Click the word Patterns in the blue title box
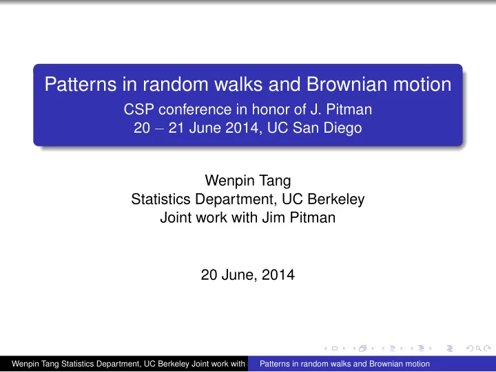tap(81, 85)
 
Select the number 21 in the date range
tap(176, 128)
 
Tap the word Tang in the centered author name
tap(275, 181)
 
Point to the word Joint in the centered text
tap(176, 217)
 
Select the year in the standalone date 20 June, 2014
tap(278, 275)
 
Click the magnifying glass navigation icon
tap(478, 349)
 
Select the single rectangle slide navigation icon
tap(334, 349)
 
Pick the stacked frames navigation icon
tap(363, 349)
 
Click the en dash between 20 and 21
tap(159, 129)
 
